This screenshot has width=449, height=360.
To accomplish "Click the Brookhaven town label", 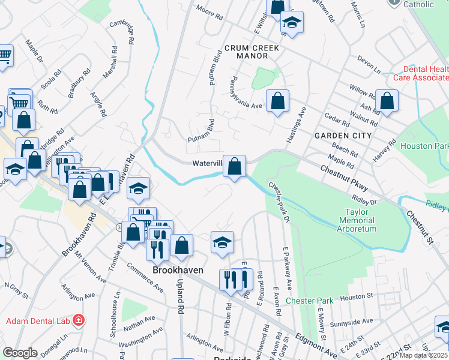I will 178,271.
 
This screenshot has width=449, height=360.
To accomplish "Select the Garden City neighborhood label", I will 343,136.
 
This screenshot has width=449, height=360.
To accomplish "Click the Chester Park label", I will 309,300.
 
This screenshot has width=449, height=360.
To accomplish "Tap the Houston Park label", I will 424,146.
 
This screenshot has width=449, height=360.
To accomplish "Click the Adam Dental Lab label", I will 38,321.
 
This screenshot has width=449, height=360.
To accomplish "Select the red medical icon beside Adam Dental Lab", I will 77,321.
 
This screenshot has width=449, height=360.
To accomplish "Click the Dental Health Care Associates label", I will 420,73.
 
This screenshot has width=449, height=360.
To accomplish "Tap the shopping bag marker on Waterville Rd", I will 234,166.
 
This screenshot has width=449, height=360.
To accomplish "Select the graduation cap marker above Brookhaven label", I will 222,242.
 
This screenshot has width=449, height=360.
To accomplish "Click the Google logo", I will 20,353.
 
